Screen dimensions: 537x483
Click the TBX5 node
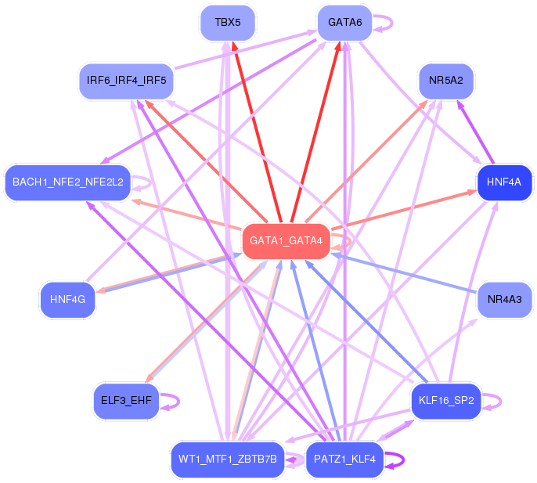click(228, 23)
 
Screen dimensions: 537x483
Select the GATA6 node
click(345, 23)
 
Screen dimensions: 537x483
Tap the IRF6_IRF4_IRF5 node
click(126, 81)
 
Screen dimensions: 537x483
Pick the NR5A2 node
click(446, 81)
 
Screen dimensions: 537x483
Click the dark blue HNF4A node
click(504, 182)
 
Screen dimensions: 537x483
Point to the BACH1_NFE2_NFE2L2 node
click(68, 182)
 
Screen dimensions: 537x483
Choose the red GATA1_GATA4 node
click(286, 241)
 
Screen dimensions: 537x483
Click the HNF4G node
click(68, 300)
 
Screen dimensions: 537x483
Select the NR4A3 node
click(504, 300)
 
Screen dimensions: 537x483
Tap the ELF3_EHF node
click(126, 401)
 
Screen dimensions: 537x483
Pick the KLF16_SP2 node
click(446, 401)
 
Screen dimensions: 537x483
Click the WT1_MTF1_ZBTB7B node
click(228, 460)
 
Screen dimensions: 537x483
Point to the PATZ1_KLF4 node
click(345, 460)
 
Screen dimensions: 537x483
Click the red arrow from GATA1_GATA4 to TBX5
click(257, 132)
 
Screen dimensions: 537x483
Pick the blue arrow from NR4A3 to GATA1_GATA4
click(404, 273)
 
